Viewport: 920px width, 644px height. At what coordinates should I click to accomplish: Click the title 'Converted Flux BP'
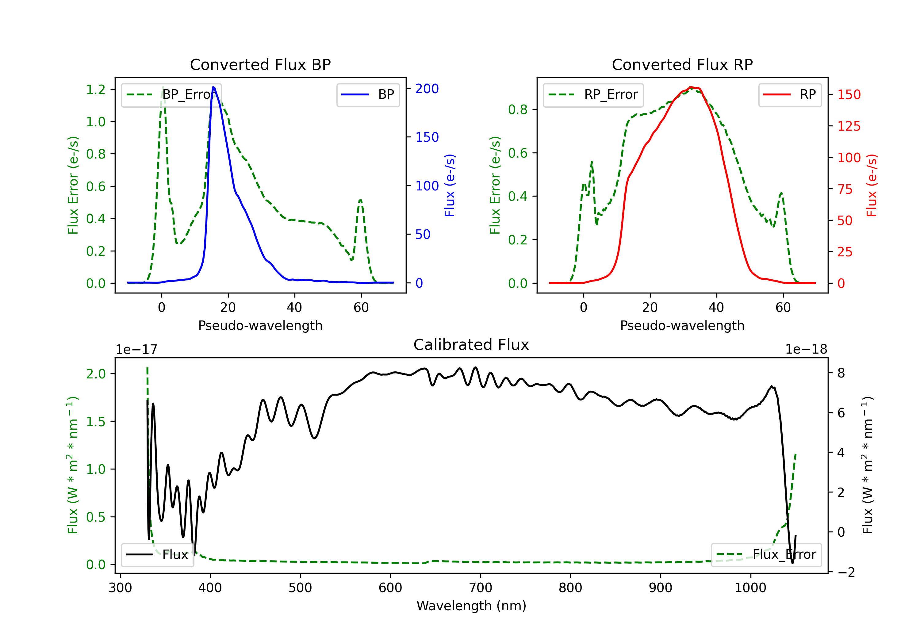(260, 64)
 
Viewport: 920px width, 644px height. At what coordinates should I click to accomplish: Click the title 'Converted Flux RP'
(682, 64)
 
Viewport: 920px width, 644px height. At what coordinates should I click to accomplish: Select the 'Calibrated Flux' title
(471, 345)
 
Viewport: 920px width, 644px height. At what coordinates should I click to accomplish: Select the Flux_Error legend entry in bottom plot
(766, 555)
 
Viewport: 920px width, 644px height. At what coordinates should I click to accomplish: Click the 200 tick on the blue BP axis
(427, 89)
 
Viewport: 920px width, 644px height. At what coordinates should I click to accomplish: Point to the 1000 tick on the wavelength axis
(750, 588)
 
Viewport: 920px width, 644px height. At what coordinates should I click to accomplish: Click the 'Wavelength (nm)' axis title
(471, 606)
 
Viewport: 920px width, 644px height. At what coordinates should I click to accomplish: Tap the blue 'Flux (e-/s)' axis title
(450, 185)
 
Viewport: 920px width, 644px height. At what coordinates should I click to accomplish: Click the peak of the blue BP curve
(213, 87)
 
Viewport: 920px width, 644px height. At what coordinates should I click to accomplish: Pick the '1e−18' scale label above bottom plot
(806, 350)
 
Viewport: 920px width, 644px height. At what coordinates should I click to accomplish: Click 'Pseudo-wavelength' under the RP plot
(682, 325)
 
